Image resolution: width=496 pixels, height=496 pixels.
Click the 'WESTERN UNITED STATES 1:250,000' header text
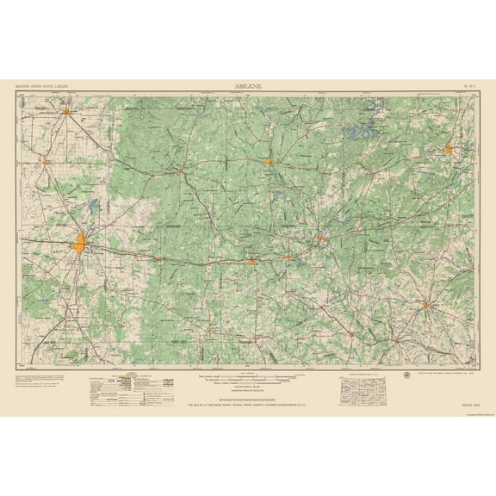pyautogui.click(x=42, y=87)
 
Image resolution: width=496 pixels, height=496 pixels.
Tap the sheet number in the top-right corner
pyautogui.click(x=468, y=87)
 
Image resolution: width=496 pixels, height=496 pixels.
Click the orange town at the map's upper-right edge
pyautogui.click(x=449, y=152)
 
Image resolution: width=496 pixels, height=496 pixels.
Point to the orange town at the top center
pyautogui.click(x=270, y=161)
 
